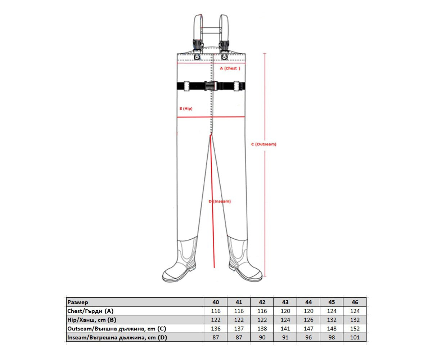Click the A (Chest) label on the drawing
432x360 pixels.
pyautogui.click(x=230, y=68)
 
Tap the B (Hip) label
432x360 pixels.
pyautogui.click(x=186, y=108)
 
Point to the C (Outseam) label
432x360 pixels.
pyautogui.click(x=264, y=144)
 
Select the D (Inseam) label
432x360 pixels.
pyautogui.click(x=220, y=201)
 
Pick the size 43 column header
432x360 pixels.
pyautogui.click(x=285, y=302)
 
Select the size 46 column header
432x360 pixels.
pyautogui.click(x=355, y=302)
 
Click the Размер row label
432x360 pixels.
pyautogui.click(x=78, y=302)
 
